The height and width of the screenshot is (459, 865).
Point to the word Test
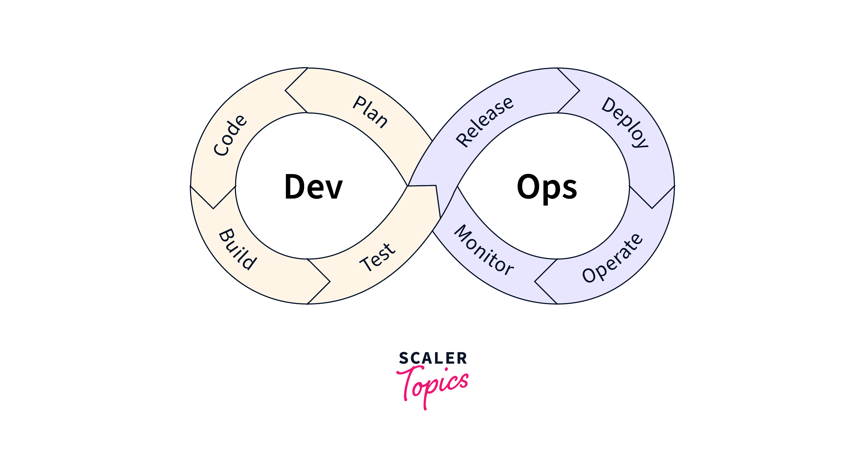pos(378,257)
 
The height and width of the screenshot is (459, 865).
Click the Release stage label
pos(485,122)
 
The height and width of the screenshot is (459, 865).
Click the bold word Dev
pos(313,187)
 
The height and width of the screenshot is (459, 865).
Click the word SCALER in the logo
pos(433,358)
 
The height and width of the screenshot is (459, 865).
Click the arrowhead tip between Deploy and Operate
pos(652,208)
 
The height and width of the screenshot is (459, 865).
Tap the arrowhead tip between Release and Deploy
pos(580,90)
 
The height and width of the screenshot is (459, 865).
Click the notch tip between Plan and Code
pos(285,90)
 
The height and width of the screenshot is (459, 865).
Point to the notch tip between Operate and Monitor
pos(535,281)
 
